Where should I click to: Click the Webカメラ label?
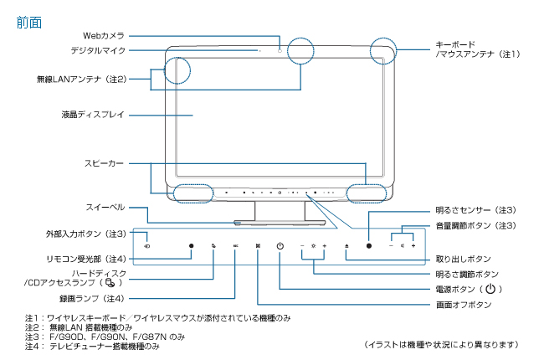click(104, 36)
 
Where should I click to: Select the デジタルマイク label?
click(98, 50)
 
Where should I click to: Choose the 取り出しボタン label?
click(463, 259)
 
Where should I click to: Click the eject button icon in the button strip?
click(346, 246)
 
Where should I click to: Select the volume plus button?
click(413, 246)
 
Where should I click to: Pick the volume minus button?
click(390, 246)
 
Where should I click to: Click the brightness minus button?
click(302, 246)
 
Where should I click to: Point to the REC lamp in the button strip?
click(236, 246)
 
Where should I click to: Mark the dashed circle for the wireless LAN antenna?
click(177, 69)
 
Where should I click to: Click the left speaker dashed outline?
click(193, 193)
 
